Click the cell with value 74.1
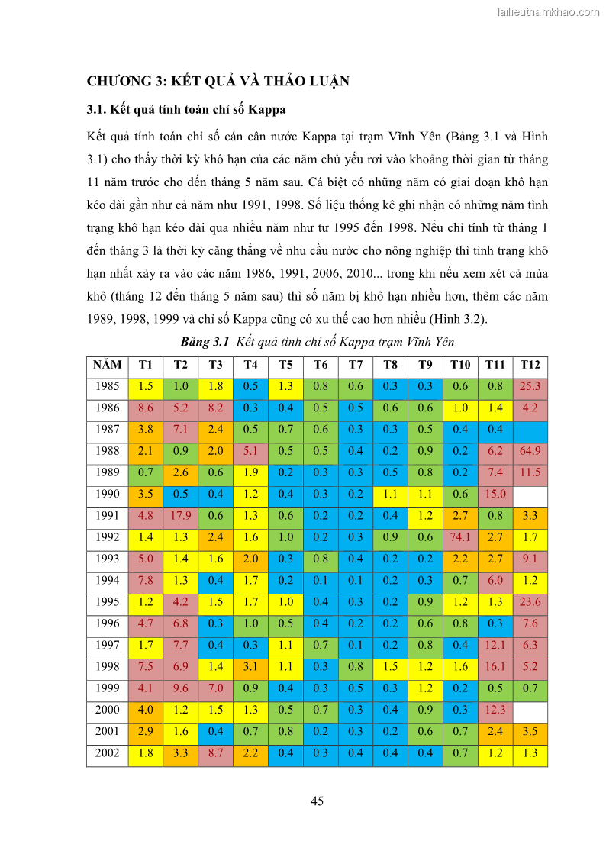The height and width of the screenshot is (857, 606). [x=460, y=537]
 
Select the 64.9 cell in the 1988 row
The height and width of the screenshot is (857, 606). [x=530, y=451]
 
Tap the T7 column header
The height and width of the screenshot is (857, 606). [x=356, y=365]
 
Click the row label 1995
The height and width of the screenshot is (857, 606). [x=107, y=602]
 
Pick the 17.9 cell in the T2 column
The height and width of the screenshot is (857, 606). [x=181, y=516]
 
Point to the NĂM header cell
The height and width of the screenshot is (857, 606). [x=107, y=365]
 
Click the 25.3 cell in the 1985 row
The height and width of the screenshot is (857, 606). [x=530, y=386]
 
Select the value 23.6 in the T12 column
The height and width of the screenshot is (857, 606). [x=530, y=602]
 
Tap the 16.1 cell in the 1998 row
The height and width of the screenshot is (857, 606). [x=495, y=667]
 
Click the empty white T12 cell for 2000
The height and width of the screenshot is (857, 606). [x=530, y=710]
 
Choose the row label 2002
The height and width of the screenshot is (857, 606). [x=107, y=753]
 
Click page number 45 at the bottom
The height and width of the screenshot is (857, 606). [x=318, y=801]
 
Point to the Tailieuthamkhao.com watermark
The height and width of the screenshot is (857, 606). [x=547, y=12]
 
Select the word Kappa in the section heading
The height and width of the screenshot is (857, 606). [x=264, y=109]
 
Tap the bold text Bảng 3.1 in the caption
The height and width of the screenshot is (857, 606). [x=205, y=341]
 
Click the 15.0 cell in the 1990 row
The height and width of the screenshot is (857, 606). [x=495, y=495]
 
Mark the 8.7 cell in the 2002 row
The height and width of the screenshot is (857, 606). [x=216, y=753]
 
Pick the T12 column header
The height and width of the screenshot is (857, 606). [x=530, y=365]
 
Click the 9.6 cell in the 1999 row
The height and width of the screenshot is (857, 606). [x=181, y=688]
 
